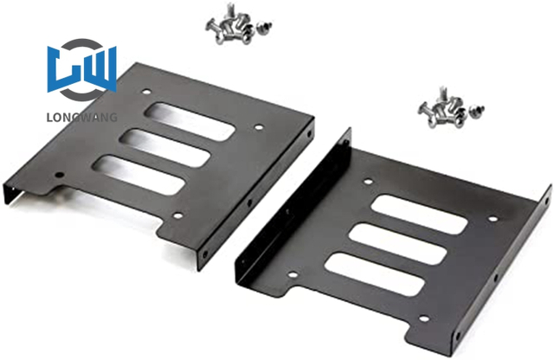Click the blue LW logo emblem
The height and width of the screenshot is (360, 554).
click(x=82, y=69)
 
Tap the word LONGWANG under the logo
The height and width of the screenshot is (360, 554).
click(x=82, y=118)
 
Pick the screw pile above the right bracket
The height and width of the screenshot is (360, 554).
click(x=442, y=109)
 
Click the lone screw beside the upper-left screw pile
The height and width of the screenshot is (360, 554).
click(x=263, y=28)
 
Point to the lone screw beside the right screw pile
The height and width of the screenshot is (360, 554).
click(x=477, y=111)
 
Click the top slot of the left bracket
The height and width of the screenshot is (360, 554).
click(x=190, y=121)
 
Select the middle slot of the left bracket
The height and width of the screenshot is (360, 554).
click(x=164, y=148)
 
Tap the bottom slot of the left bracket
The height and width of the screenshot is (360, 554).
click(x=138, y=175)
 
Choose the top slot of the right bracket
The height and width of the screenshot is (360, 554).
click(x=419, y=214)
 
